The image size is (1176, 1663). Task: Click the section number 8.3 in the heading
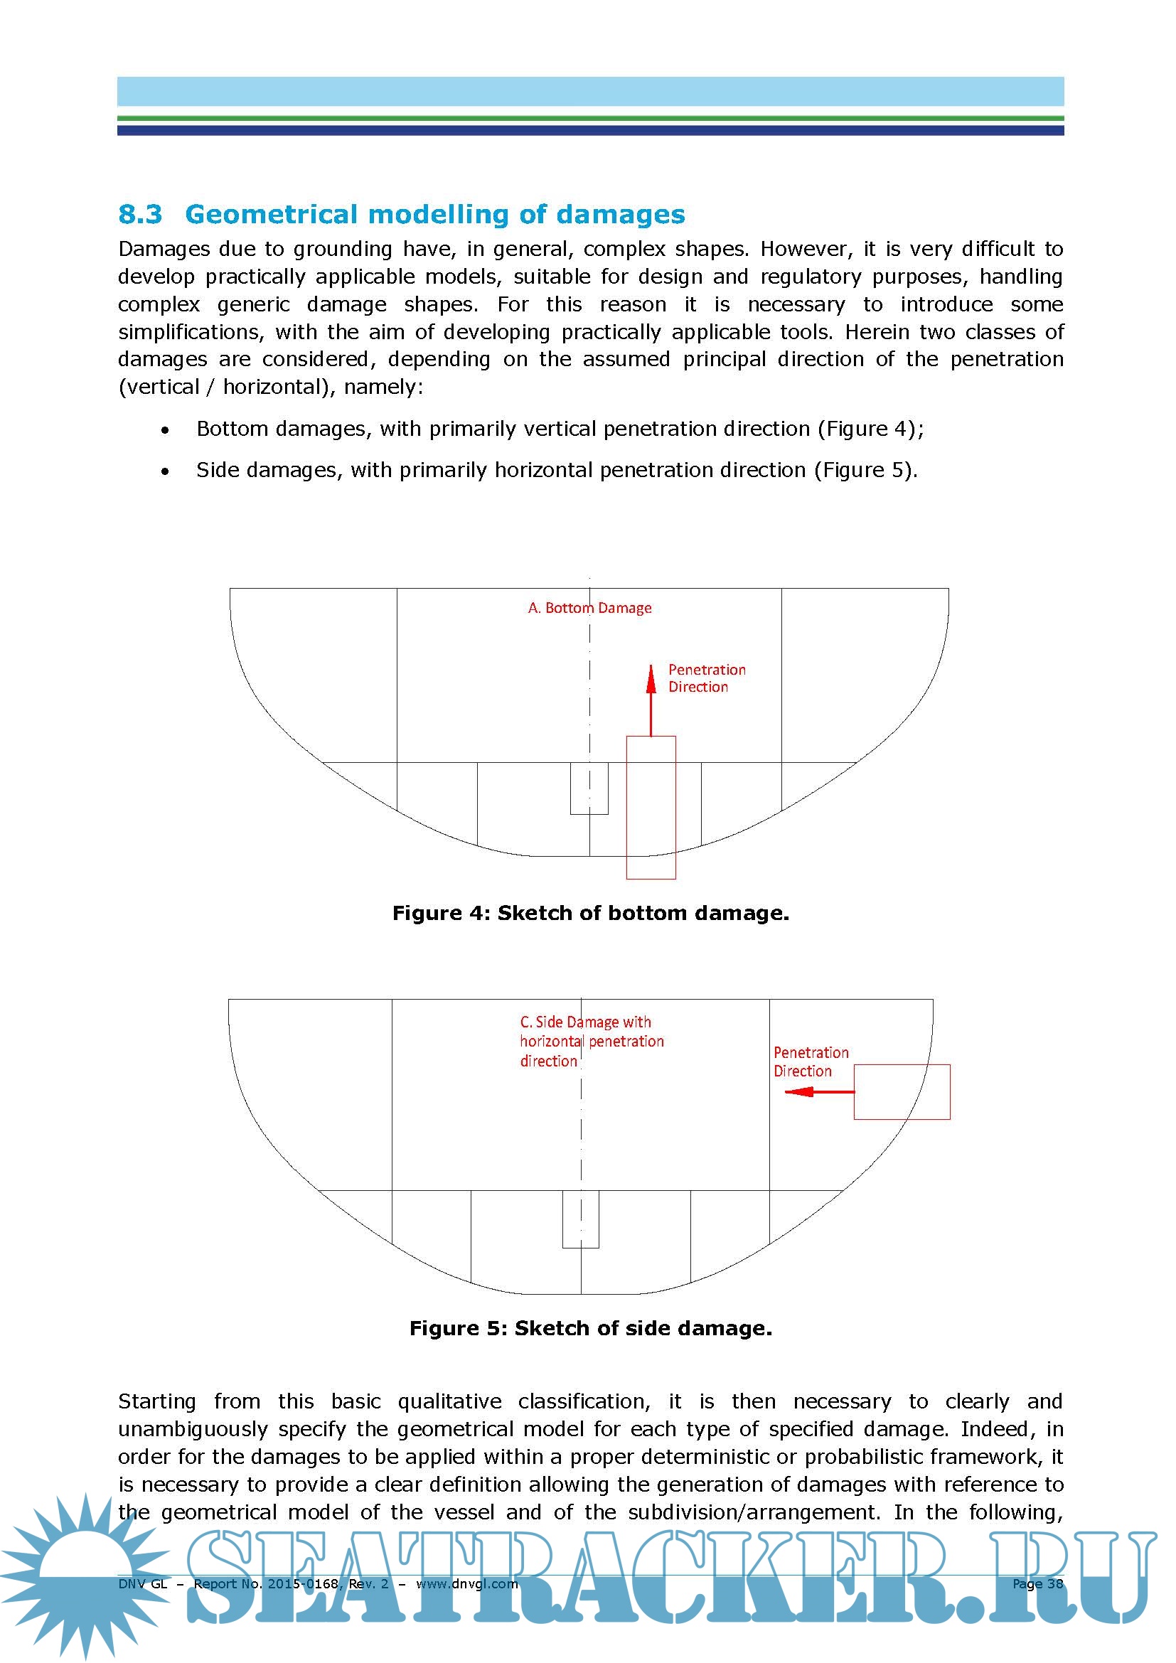[141, 215]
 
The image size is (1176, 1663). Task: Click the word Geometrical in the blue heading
[272, 215]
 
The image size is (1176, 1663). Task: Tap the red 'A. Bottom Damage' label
[589, 608]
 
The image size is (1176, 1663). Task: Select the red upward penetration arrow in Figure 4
[651, 699]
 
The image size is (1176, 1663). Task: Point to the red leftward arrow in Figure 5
[819, 1091]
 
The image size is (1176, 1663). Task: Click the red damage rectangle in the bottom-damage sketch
[651, 807]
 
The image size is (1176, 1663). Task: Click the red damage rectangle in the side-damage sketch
[902, 1091]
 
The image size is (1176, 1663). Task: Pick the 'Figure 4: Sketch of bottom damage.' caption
[590, 913]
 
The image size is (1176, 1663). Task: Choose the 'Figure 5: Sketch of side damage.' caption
[590, 1327]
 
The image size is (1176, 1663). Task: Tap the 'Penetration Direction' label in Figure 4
[706, 678]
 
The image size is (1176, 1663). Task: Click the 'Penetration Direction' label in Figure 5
[811, 1061]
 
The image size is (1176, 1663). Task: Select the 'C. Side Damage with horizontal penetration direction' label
[591, 1041]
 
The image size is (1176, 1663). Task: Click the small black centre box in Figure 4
[589, 788]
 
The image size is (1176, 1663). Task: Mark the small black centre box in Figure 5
[580, 1219]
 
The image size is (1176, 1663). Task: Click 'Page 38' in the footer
[1037, 1583]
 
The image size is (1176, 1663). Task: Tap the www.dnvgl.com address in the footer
[466, 1583]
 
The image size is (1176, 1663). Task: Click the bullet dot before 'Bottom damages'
[166, 430]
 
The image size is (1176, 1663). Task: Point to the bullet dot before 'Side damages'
[166, 471]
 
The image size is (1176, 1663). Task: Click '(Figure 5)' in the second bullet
[865, 470]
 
